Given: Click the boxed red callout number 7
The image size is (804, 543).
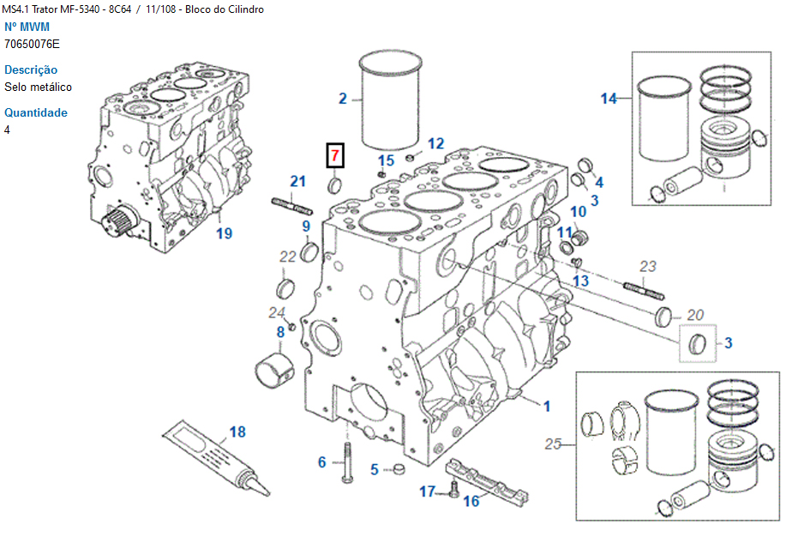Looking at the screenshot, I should point(335,156).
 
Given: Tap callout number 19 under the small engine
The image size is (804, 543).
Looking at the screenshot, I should point(224,233).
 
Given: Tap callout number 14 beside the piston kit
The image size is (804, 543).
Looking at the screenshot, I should point(609,99).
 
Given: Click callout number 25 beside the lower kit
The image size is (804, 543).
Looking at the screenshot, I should point(554,443).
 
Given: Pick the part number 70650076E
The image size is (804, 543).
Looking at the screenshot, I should point(32,44).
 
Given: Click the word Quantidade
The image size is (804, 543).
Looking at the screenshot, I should point(35,112).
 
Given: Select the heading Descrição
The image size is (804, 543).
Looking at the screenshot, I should point(31,69).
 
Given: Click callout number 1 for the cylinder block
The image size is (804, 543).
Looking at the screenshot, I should point(546,404).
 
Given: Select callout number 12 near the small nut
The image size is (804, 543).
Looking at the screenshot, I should point(436,143).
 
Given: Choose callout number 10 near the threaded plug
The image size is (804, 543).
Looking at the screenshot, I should point(578,211).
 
